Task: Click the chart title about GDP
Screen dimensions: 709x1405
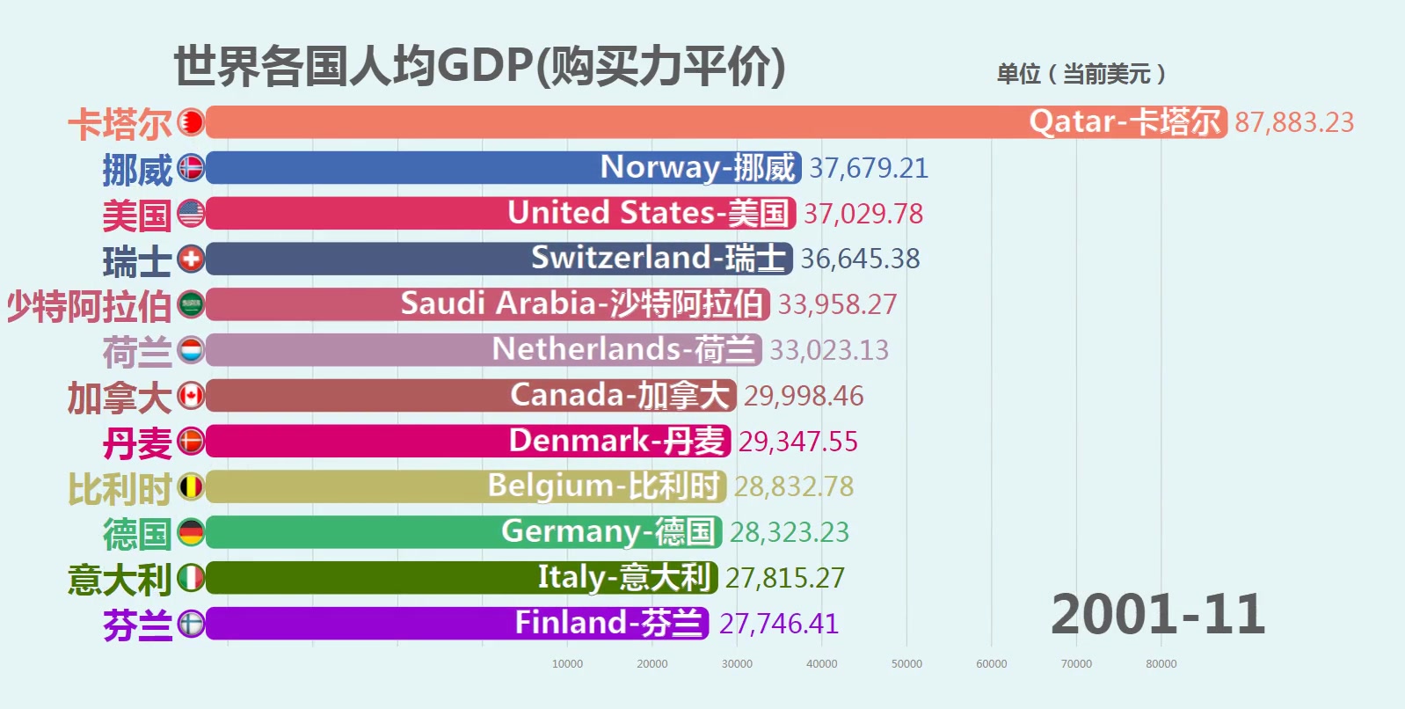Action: click(x=479, y=67)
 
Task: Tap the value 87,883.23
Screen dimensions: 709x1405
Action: click(x=1294, y=122)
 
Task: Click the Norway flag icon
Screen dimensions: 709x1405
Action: click(x=191, y=167)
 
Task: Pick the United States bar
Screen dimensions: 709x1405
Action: click(x=500, y=213)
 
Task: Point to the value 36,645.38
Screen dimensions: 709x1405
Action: click(x=860, y=259)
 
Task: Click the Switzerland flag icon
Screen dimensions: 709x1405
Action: click(x=191, y=259)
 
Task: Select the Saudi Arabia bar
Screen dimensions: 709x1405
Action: click(x=487, y=304)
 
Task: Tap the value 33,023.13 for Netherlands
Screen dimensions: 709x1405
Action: click(x=829, y=350)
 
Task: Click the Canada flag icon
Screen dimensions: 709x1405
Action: click(x=191, y=396)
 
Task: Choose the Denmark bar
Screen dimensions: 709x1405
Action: click(x=468, y=441)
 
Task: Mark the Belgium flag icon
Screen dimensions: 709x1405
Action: click(x=191, y=486)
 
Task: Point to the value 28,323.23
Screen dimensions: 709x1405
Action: click(x=790, y=532)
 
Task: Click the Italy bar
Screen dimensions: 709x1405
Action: click(x=462, y=578)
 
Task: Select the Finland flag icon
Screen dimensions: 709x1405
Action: click(x=191, y=624)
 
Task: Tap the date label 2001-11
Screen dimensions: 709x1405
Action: click(x=1158, y=614)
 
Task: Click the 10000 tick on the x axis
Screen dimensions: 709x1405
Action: click(x=567, y=664)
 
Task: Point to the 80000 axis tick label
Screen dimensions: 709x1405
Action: click(x=1161, y=664)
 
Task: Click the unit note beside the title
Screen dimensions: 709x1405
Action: click(x=1081, y=74)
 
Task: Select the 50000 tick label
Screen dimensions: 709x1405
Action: click(x=906, y=664)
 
